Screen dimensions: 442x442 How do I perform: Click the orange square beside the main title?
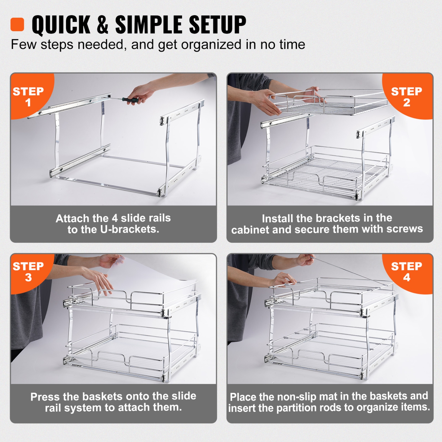[x=17, y=24]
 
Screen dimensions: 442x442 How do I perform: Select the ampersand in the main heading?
[x=102, y=25]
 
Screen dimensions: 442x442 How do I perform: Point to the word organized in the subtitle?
[x=211, y=45]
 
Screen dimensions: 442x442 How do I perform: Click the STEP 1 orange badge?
[x=28, y=96]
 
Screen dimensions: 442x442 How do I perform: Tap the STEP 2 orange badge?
[x=406, y=96]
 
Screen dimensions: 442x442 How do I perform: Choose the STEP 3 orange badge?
[x=28, y=271]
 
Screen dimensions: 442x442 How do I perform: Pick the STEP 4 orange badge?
[x=406, y=271]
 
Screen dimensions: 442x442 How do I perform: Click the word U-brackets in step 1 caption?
[x=129, y=229]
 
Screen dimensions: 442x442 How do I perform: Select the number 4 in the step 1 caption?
[x=115, y=218]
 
